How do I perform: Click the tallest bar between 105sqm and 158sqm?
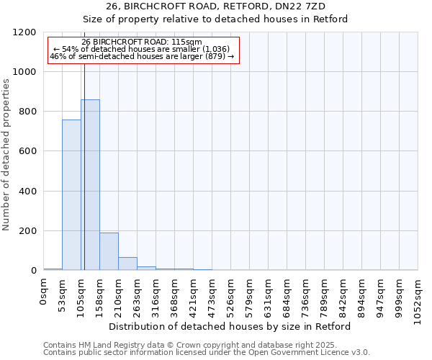[x=90, y=185]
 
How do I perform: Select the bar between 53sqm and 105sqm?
[x=71, y=195]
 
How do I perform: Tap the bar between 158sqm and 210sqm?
[x=109, y=251]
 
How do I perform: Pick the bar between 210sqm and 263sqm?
[x=127, y=264]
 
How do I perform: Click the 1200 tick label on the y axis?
[x=24, y=32]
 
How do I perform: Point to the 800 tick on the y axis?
[x=28, y=112]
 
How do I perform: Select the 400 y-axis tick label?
[x=28, y=192]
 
